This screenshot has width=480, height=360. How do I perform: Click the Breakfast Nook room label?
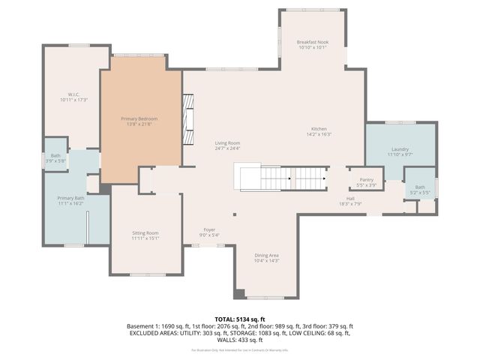tap(312, 42)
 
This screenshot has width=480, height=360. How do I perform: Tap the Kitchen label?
tap(319, 129)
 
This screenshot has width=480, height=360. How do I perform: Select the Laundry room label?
tap(399, 149)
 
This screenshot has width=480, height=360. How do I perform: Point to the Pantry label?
tap(366, 180)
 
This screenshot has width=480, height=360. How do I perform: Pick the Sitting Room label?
tap(145, 233)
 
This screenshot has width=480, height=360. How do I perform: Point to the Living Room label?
tap(227, 142)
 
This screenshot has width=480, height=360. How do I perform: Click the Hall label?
tap(350, 198)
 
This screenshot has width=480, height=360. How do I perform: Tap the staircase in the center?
tap(281, 178)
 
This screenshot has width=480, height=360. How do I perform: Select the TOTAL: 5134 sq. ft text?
tap(240, 319)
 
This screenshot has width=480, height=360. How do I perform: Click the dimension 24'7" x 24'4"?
tap(227, 148)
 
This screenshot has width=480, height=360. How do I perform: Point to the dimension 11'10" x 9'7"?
tap(399, 154)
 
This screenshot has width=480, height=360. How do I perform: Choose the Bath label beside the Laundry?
tap(420, 187)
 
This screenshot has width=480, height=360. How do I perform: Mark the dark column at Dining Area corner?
tap(238, 293)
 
